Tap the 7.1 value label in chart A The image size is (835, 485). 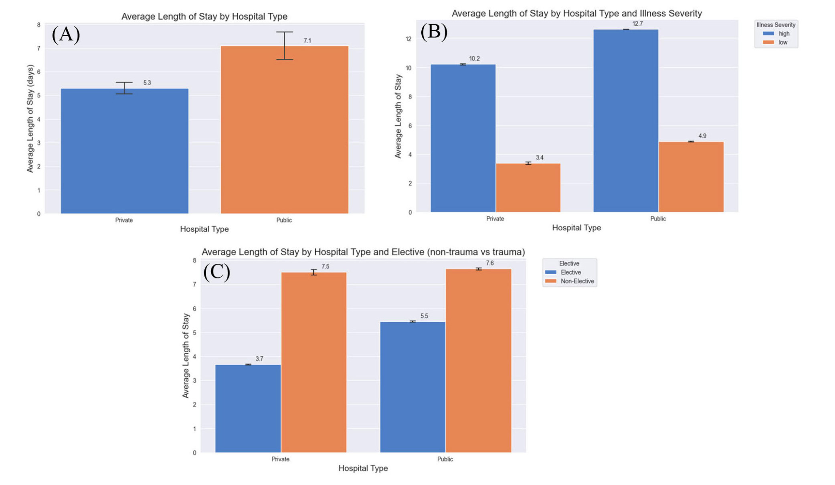click(x=307, y=40)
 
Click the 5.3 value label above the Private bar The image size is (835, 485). click(x=147, y=83)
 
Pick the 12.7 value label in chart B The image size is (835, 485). click(x=637, y=24)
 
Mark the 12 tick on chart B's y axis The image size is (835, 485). click(x=408, y=39)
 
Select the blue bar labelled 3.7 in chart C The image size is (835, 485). click(x=248, y=408)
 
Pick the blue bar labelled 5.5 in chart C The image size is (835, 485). click(x=412, y=387)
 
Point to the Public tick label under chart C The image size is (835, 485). click(x=445, y=459)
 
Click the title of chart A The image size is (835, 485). click(x=204, y=16)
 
